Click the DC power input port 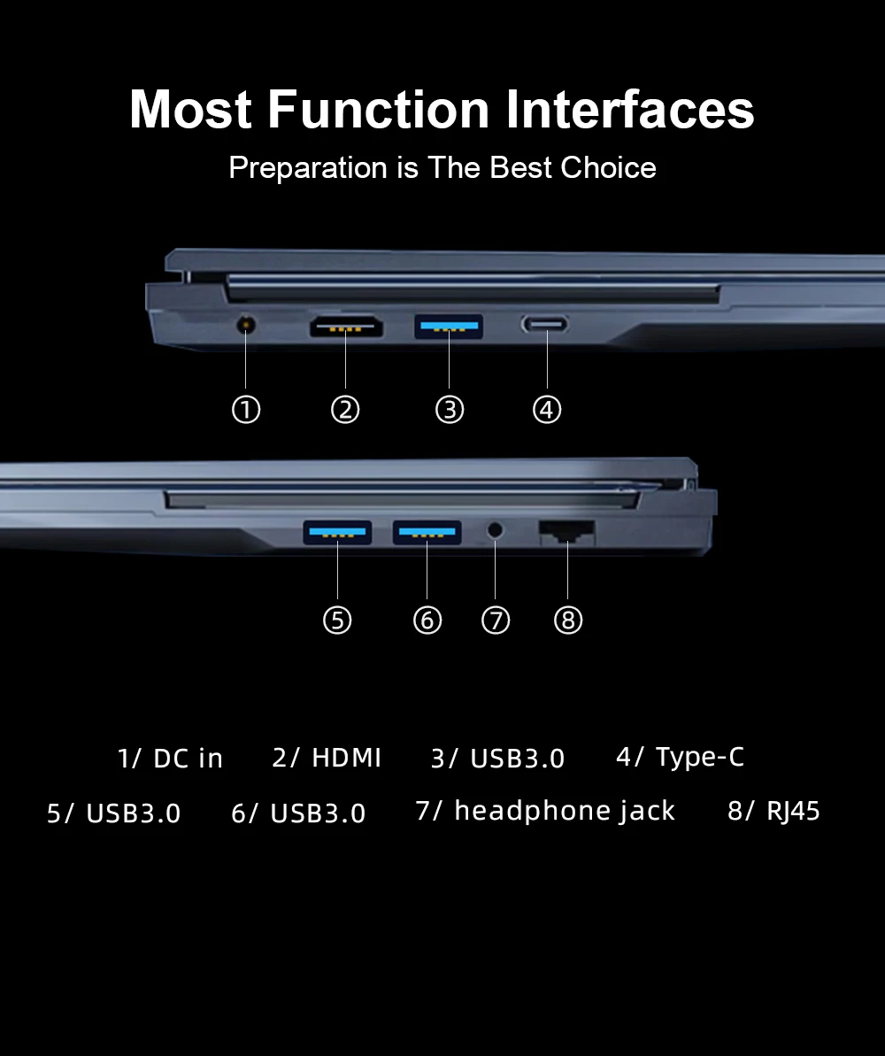pyautogui.click(x=246, y=325)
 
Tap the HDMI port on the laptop pyautogui.click(x=346, y=328)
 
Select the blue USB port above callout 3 pyautogui.click(x=449, y=326)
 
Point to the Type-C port pyautogui.click(x=545, y=325)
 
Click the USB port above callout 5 pyautogui.click(x=337, y=532)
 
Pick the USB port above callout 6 pyautogui.click(x=427, y=532)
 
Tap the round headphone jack pyautogui.click(x=495, y=530)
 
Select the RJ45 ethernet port pyautogui.click(x=567, y=533)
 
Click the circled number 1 pyautogui.click(x=246, y=410)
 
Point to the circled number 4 pyautogui.click(x=547, y=410)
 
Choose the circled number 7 pyautogui.click(x=496, y=620)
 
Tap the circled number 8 pyautogui.click(x=568, y=620)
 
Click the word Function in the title pyautogui.click(x=379, y=109)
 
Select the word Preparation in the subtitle pyautogui.click(x=309, y=168)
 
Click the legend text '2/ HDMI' pyautogui.click(x=327, y=758)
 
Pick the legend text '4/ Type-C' pyautogui.click(x=681, y=758)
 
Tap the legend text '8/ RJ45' pyautogui.click(x=773, y=811)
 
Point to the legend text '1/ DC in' pyautogui.click(x=170, y=759)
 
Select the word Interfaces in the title pyautogui.click(x=630, y=109)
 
